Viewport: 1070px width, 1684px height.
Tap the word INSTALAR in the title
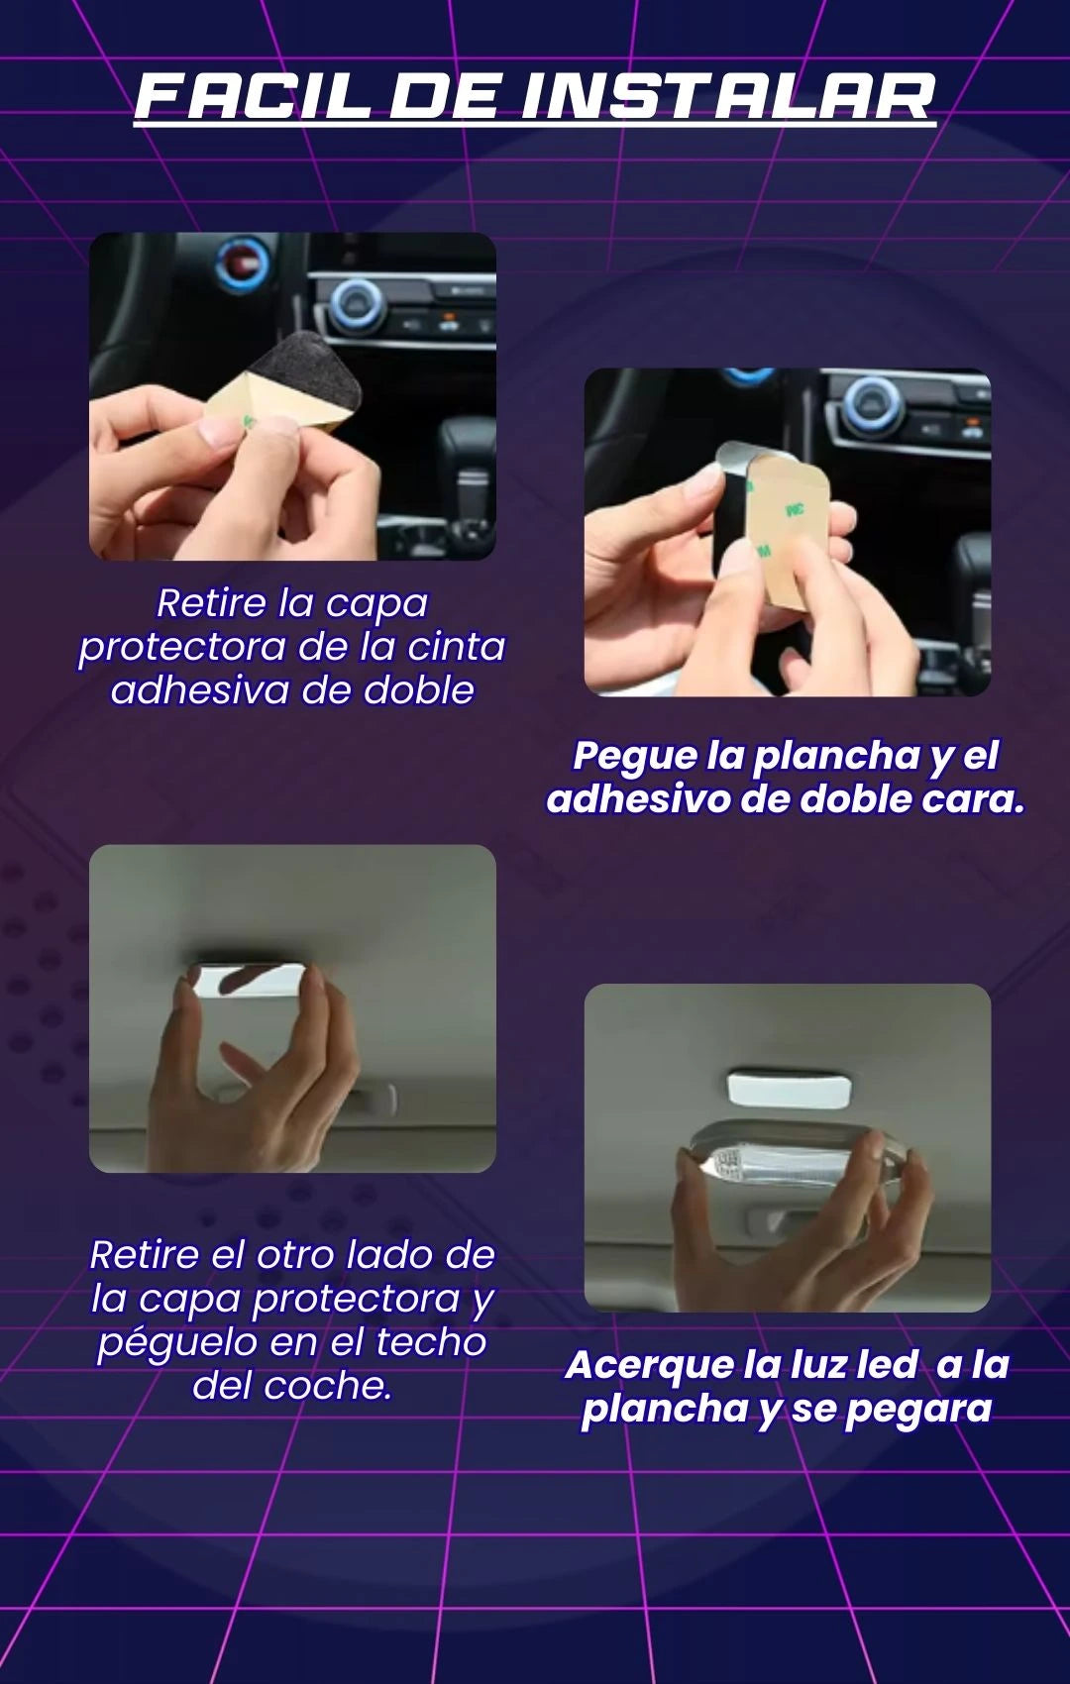(x=728, y=98)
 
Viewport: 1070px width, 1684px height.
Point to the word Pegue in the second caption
(x=633, y=757)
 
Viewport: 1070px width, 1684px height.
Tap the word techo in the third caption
(x=431, y=1341)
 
